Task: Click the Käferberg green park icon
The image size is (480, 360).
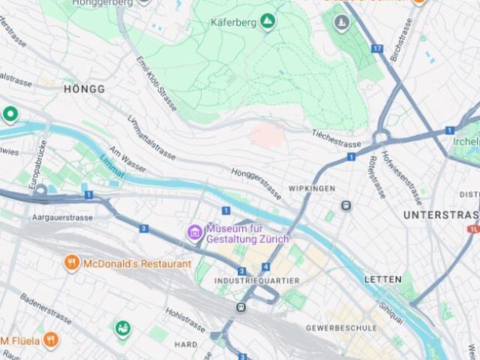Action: click(268, 22)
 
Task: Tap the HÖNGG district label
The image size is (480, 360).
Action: click(84, 88)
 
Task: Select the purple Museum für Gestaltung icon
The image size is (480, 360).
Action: click(195, 232)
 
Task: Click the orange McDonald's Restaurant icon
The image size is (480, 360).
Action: click(72, 263)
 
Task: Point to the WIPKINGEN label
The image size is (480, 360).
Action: click(311, 188)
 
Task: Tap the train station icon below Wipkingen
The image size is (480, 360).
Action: click(346, 205)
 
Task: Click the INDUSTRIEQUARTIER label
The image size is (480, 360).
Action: click(256, 280)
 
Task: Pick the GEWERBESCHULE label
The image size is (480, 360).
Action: click(340, 328)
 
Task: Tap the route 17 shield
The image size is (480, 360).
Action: click(376, 49)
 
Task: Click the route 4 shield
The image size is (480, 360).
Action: click(265, 266)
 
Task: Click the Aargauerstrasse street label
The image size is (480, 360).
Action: click(62, 217)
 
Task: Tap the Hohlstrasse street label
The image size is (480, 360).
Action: click(184, 319)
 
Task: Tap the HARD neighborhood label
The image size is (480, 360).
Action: click(187, 345)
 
